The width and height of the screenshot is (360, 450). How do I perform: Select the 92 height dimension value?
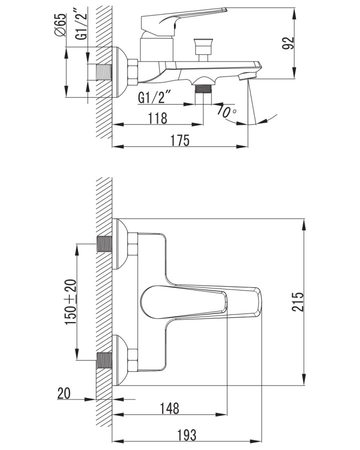click(x=288, y=43)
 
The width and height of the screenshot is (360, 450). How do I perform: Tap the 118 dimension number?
click(x=157, y=118)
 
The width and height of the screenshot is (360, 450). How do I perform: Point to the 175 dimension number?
click(x=180, y=140)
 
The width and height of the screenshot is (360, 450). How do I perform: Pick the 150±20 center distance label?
click(x=71, y=302)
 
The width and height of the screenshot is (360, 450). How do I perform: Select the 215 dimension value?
click(x=297, y=302)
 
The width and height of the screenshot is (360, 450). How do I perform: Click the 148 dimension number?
click(x=169, y=408)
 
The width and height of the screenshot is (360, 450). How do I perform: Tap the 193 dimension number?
click(x=186, y=435)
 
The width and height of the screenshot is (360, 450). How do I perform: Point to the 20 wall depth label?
click(x=63, y=393)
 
